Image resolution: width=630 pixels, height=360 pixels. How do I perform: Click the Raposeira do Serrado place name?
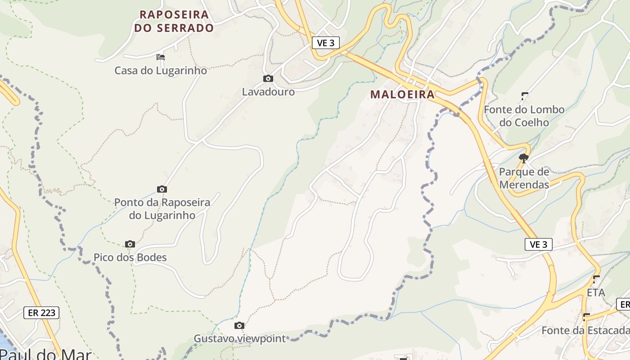(174, 21)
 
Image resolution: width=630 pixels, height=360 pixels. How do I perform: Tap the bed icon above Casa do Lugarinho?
(161, 57)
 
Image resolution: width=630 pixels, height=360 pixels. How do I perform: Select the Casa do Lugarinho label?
(161, 71)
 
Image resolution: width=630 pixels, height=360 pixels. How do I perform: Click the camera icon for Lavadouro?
(268, 79)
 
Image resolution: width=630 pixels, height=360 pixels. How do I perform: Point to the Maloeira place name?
(403, 94)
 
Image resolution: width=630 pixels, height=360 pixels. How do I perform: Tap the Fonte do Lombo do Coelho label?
(524, 116)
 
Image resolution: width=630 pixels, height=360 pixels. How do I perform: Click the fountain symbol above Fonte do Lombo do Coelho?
(525, 95)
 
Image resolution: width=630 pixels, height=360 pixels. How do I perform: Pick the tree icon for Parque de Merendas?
(523, 158)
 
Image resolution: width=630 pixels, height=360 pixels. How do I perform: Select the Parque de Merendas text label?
(524, 178)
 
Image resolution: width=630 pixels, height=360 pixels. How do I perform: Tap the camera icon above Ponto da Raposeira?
(162, 189)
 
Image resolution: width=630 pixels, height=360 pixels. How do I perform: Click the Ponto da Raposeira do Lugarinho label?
(162, 209)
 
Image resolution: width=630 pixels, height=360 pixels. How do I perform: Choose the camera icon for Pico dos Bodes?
(130, 244)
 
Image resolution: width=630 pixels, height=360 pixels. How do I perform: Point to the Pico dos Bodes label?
(130, 257)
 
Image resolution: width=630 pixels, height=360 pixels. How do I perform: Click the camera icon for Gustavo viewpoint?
(239, 325)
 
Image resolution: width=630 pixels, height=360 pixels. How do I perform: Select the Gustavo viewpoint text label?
(239, 338)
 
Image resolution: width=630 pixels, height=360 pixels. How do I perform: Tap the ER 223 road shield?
(41, 312)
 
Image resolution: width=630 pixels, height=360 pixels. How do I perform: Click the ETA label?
(596, 292)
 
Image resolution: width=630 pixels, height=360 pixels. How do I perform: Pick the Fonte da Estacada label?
(585, 330)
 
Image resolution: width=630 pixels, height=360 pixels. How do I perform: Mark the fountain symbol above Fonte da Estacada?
(586, 316)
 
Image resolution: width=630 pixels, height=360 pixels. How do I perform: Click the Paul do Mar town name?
(45, 354)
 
